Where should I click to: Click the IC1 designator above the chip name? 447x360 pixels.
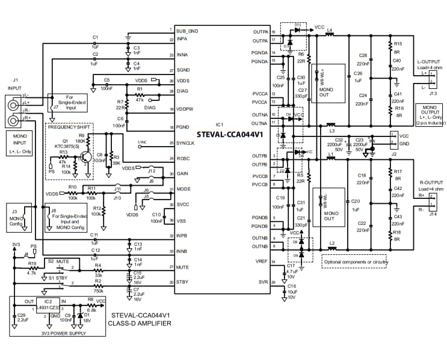(x=219, y=123)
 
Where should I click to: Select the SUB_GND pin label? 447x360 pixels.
(x=187, y=30)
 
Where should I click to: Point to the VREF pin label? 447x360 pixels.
(x=261, y=261)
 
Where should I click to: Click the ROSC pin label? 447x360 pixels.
(x=183, y=158)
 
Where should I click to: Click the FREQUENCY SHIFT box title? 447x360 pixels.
(x=70, y=128)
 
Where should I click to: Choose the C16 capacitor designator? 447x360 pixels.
(x=292, y=286)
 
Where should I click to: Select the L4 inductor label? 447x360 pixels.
(x=330, y=28)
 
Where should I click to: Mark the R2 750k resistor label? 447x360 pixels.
(x=97, y=284)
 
